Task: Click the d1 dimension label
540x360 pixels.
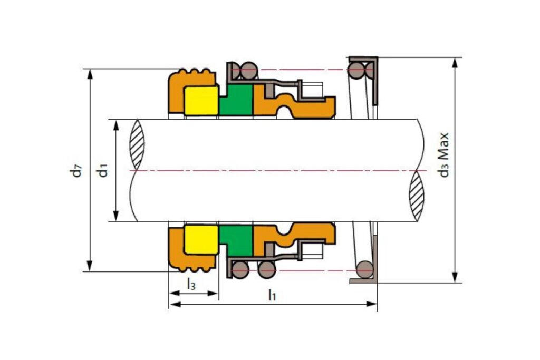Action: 103,170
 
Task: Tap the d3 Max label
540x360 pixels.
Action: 444,155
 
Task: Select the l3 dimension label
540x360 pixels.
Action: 191,284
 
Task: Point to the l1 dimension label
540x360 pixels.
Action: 272,295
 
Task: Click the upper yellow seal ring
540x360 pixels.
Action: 201,101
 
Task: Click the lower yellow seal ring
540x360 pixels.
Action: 201,240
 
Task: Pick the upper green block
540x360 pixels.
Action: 236,100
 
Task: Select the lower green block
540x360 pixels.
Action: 236,240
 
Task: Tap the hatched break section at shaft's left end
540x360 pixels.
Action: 137,144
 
